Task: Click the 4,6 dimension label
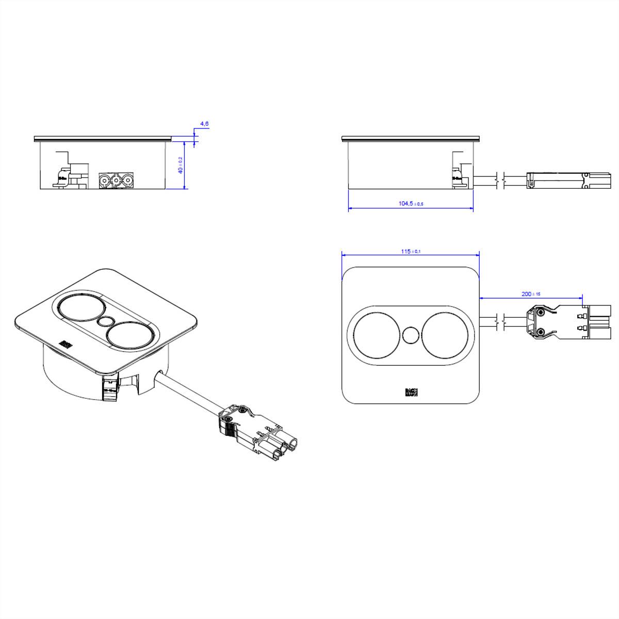[x=204, y=124]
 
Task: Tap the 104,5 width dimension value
[x=411, y=204]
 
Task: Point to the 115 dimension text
[x=411, y=251]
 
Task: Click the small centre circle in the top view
[x=411, y=335]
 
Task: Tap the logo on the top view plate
[x=411, y=393]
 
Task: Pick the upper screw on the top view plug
[x=540, y=312]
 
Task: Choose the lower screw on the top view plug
[x=540, y=333]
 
